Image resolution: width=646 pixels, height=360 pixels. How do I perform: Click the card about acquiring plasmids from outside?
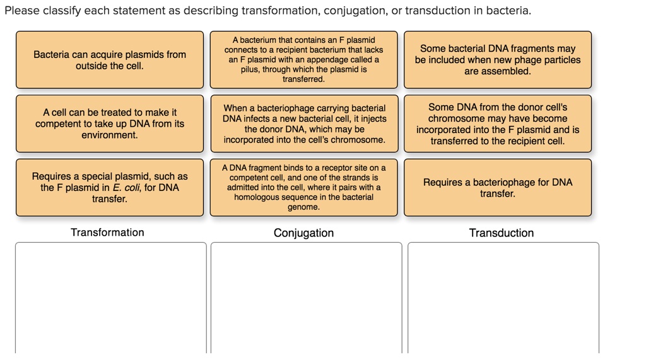tap(110, 60)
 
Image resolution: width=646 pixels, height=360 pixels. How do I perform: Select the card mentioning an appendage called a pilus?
tap(303, 60)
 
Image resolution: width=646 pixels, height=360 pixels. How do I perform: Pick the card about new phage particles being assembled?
tap(498, 60)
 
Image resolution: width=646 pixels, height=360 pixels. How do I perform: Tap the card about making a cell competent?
tap(110, 124)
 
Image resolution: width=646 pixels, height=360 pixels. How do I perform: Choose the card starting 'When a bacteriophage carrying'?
tap(304, 124)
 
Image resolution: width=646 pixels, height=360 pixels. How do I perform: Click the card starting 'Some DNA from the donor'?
tap(498, 124)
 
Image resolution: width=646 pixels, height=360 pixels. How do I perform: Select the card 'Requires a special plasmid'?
tap(110, 187)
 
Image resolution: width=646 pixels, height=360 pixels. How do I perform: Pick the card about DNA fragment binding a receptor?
tap(303, 187)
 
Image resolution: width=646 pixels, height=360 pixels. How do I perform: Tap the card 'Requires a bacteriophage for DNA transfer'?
tap(498, 187)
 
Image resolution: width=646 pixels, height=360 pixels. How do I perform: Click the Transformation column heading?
tap(107, 233)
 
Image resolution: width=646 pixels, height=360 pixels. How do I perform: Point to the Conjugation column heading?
tap(303, 233)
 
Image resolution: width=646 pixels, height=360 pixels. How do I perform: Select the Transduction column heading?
tap(501, 233)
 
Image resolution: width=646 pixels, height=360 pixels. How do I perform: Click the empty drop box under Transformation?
tap(111, 296)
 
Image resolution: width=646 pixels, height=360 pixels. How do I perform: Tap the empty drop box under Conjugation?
tap(306, 296)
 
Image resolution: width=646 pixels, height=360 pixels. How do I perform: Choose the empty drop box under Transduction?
tap(503, 296)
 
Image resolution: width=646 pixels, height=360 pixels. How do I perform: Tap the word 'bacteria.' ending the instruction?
tap(510, 11)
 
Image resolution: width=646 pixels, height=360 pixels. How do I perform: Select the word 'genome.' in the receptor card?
tap(303, 207)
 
